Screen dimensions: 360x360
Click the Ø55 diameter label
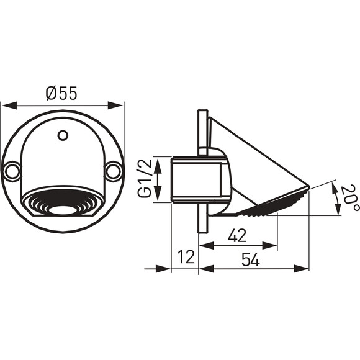[x=61, y=93]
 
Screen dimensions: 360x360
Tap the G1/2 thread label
[x=145, y=178]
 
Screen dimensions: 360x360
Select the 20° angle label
[x=349, y=198]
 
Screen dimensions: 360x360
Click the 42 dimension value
[x=237, y=236]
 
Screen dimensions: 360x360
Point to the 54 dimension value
[x=251, y=259]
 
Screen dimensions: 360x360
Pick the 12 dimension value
[x=186, y=257]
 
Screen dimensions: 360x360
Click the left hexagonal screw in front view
[x=12, y=171]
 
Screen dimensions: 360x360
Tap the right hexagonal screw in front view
[x=114, y=171]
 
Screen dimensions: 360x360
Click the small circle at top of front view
[x=63, y=135]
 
